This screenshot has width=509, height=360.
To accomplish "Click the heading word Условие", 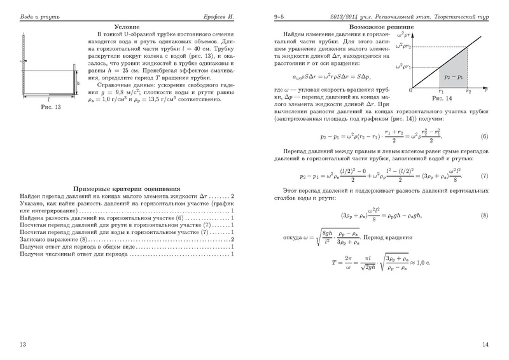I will click(127, 27).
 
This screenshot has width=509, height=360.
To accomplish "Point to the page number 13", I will click(23, 344).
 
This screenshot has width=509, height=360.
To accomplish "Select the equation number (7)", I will click(484, 176).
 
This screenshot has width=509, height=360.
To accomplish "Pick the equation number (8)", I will click(484, 216).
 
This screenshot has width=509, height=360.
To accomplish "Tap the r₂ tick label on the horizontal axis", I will click(467, 92).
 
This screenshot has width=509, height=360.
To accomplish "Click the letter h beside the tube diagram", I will click(78, 83).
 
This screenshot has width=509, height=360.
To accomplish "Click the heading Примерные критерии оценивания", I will click(126, 189).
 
